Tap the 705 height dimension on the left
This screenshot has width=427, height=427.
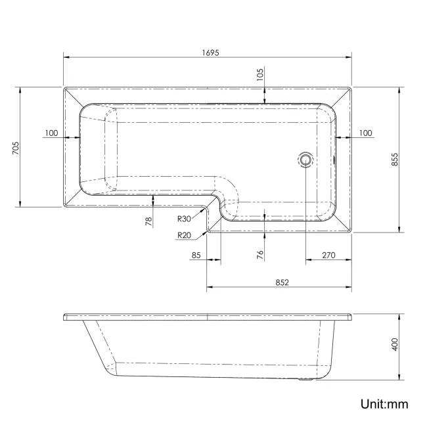point(15,148)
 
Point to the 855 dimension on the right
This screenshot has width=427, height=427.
point(394,160)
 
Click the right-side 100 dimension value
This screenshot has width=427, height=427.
point(365,133)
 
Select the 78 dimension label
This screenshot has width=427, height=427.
point(148,222)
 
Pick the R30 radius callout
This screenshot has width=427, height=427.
point(183,219)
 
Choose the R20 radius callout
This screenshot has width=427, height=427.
point(183,236)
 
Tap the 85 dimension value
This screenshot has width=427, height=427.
point(196,256)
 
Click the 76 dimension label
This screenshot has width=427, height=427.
point(260,253)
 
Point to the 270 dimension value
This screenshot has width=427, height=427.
point(329,256)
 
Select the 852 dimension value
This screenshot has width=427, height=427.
point(281,282)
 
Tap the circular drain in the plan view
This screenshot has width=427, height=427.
point(305,159)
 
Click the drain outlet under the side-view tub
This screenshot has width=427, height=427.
point(306,379)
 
